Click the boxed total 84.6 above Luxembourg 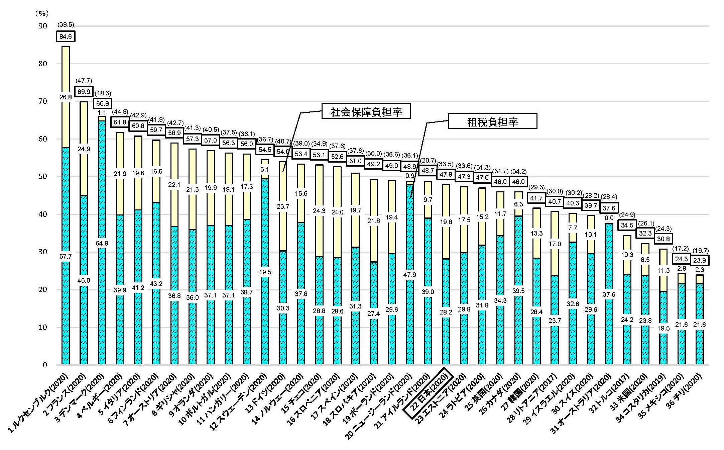(x=66, y=36)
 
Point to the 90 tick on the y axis (x=42, y=26)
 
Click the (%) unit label (x=42, y=13)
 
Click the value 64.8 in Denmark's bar (x=102, y=243)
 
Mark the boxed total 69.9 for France (x=84, y=92)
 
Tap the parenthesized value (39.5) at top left (x=66, y=24)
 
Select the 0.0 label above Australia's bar (x=609, y=218)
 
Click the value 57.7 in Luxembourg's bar (x=66, y=257)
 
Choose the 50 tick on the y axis (x=42, y=177)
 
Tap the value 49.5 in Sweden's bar (x=265, y=272)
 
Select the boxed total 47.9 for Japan (x=446, y=174)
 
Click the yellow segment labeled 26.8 (x=66, y=97)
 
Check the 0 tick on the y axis (x=44, y=365)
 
